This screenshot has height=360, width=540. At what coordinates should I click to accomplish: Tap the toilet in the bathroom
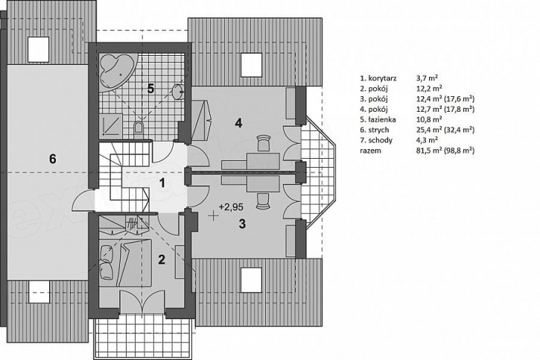tap(139, 127)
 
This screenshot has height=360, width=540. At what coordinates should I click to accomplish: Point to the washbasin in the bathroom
tap(178, 91)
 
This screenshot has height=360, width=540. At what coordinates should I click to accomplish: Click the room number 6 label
tap(52, 159)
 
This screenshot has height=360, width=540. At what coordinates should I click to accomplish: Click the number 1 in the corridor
tap(162, 183)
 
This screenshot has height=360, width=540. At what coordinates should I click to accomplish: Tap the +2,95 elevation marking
tap(231, 207)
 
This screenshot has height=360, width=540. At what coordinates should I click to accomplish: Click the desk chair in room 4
tap(264, 143)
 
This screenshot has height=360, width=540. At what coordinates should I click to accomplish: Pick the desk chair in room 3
tap(264, 201)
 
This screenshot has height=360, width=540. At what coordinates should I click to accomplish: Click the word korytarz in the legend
tap(382, 78)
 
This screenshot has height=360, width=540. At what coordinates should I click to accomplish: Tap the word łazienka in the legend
tap(382, 119)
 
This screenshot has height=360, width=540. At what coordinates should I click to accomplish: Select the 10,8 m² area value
tap(429, 119)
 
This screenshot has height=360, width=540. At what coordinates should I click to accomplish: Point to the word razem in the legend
tap(371, 151)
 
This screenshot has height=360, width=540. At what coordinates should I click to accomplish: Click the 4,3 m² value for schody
tap(427, 140)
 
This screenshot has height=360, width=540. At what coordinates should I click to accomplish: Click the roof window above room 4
tap(251, 65)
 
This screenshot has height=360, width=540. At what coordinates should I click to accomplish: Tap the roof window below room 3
tap(251, 280)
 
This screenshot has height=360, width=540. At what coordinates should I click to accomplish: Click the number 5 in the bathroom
tap(150, 89)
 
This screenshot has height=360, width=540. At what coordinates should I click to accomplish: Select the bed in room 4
tap(201, 120)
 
